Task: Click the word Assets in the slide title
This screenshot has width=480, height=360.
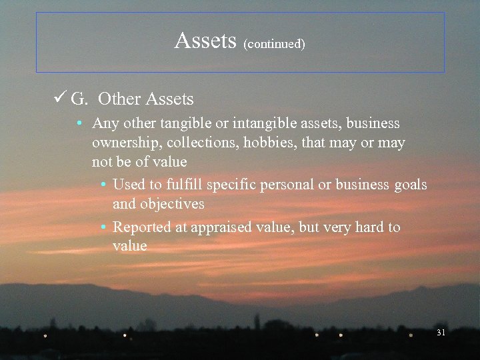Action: click(x=205, y=41)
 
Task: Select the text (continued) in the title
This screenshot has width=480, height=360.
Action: click(x=274, y=44)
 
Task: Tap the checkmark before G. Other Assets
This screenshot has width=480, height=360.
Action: click(x=58, y=99)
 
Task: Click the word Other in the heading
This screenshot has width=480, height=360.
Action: click(x=119, y=99)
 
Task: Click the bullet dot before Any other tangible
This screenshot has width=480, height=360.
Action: click(x=79, y=124)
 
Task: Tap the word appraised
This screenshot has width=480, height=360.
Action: click(x=220, y=227)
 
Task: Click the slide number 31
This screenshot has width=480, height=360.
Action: click(x=440, y=332)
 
